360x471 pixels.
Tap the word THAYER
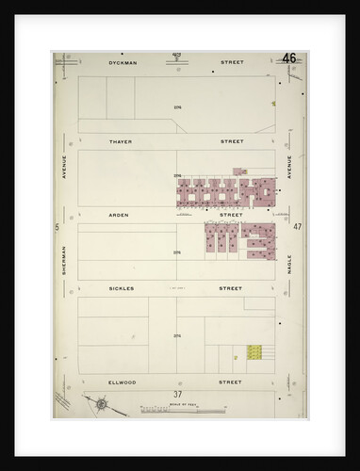click(x=120, y=141)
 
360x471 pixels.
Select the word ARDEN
click(x=119, y=215)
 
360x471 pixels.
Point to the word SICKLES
click(x=122, y=288)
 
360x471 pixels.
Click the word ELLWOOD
click(x=123, y=382)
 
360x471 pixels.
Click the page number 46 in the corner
click(x=288, y=58)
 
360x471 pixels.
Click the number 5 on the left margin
click(x=57, y=227)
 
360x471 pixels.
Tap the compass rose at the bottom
click(x=101, y=405)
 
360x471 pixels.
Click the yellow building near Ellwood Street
click(x=254, y=352)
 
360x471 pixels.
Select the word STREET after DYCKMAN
click(x=232, y=63)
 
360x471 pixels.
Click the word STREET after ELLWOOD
click(x=231, y=382)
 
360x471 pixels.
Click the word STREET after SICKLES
click(x=231, y=288)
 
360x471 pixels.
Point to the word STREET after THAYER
click(x=232, y=141)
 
